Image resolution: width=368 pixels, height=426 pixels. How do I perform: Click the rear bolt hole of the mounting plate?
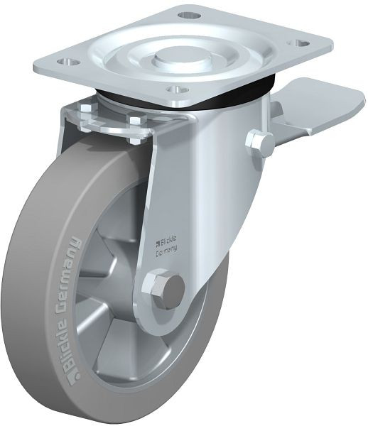[190, 15]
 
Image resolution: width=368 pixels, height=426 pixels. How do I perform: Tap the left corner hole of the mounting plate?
[69, 61]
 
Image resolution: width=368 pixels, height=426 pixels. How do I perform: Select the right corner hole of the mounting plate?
[299, 43]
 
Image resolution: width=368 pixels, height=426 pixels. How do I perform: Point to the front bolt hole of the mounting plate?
[178, 89]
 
